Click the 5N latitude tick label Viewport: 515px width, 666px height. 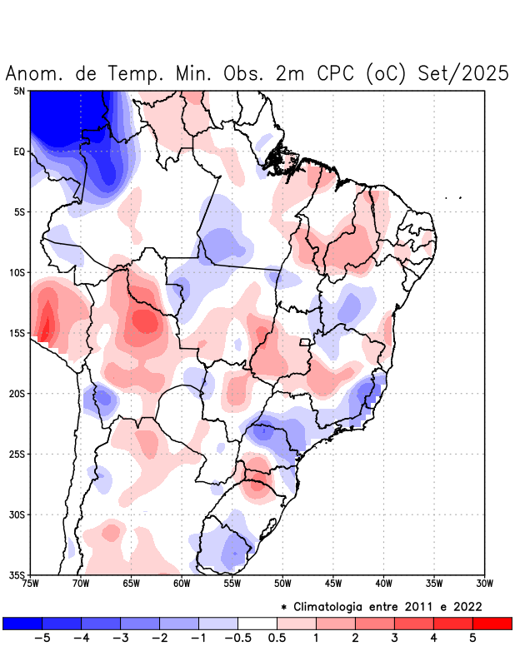tap(19, 91)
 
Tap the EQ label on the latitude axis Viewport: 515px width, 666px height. tap(19, 152)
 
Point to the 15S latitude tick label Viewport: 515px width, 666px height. tap(17, 333)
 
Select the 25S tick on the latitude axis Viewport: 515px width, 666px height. tap(17, 454)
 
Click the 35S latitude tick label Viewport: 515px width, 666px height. tap(17, 574)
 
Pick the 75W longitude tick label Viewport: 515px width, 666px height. tap(31, 583)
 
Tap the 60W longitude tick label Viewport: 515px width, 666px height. tap(182, 583)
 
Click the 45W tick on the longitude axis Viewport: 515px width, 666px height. tap(333, 583)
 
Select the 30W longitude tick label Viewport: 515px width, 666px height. tap(484, 583)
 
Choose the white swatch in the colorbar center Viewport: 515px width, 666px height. tap(257, 623)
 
